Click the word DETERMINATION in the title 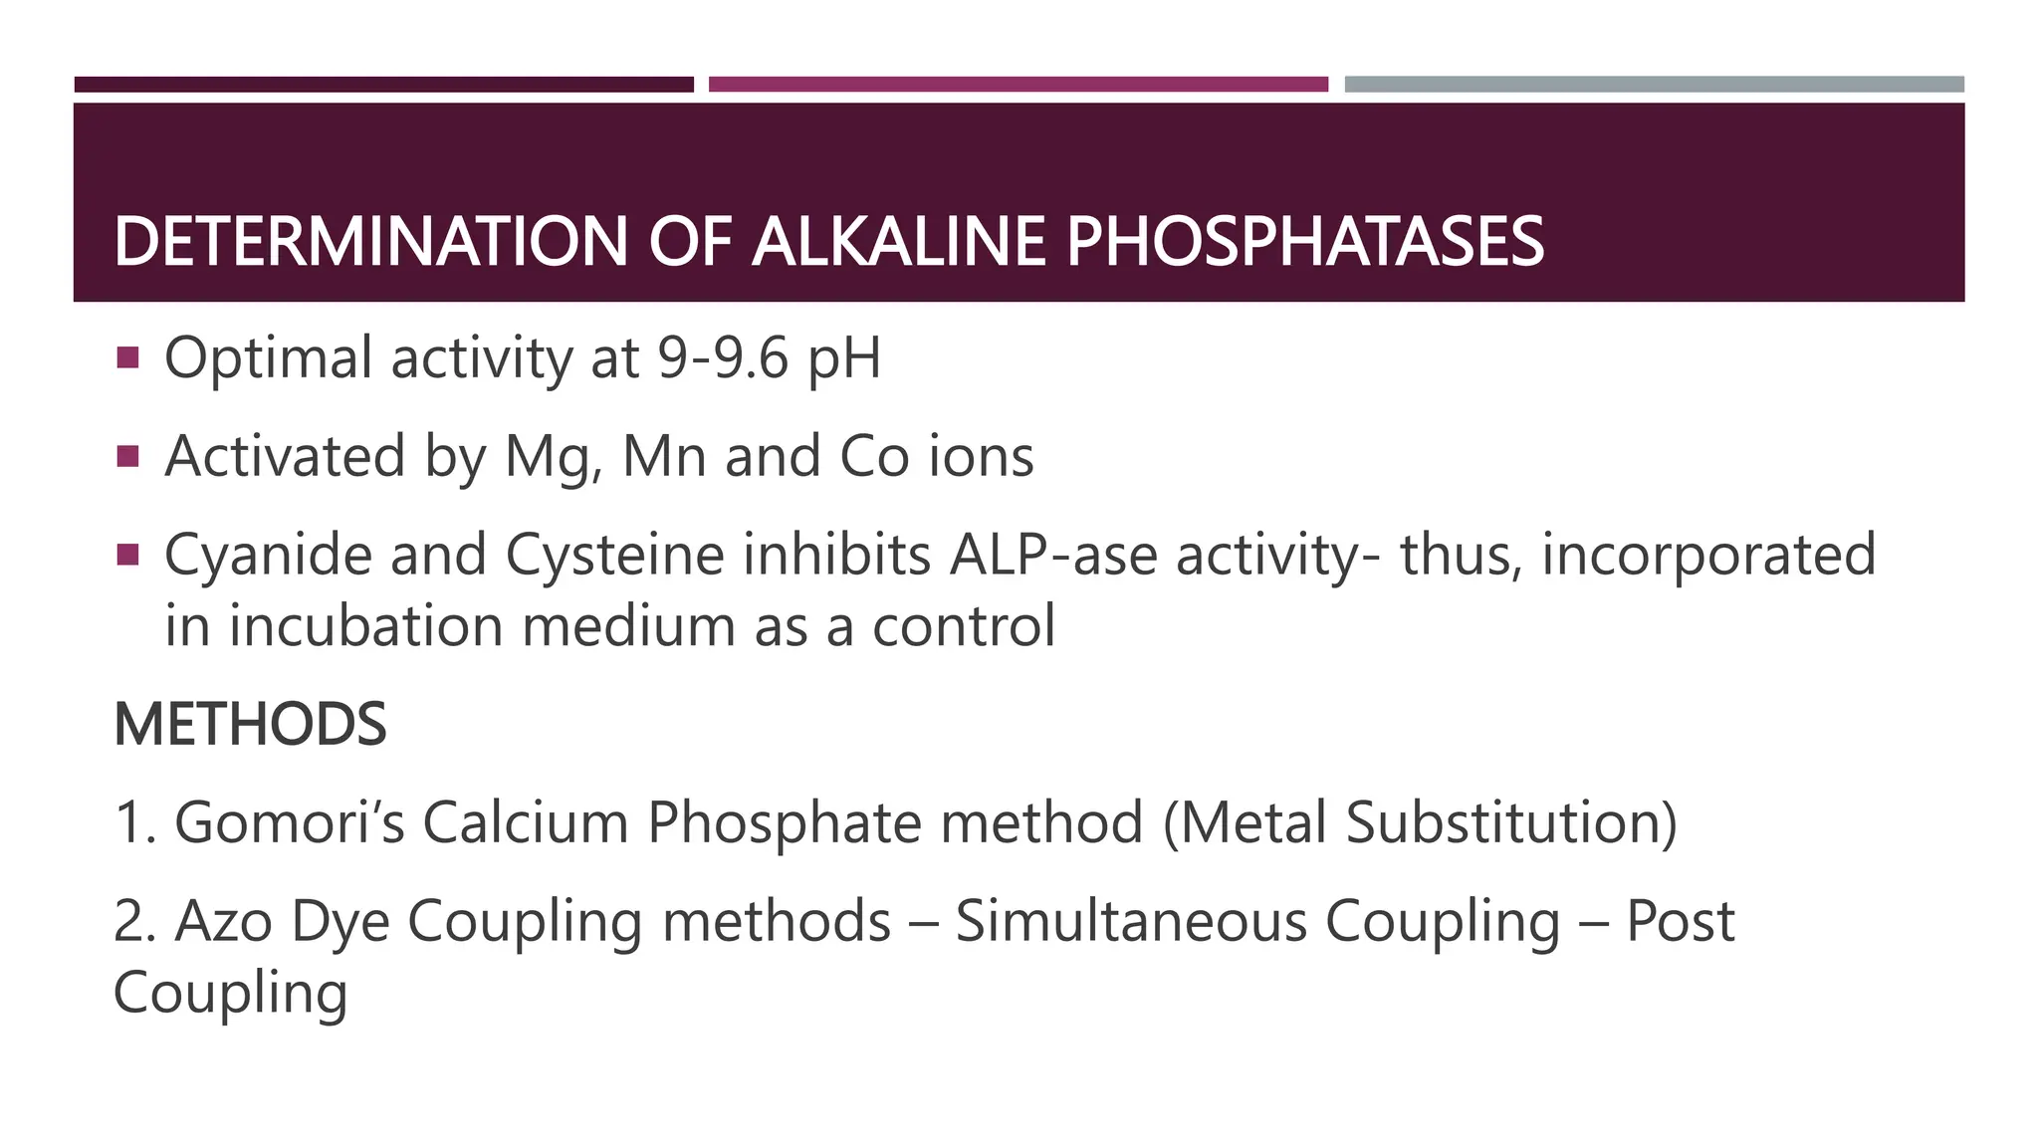370,242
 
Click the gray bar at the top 1654,85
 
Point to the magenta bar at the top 1018,85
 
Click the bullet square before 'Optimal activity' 127,356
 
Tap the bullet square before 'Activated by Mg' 127,456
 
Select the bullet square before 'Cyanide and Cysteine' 127,554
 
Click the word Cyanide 268,556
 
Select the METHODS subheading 250,725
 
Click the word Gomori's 290,823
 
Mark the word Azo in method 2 224,921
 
